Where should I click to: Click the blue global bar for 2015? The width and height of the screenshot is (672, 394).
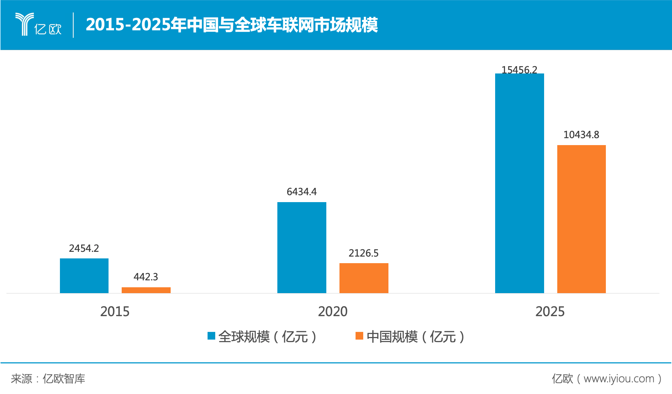[84, 276]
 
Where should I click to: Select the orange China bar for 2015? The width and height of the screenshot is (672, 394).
[146, 290]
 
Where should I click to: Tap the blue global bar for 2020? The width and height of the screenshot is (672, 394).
[301, 247]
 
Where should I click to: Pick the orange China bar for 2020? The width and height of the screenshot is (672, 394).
[364, 278]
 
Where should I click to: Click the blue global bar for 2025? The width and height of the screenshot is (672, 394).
[519, 183]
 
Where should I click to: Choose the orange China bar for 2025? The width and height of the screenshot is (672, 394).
[581, 219]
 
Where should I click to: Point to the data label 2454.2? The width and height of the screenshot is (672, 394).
[84, 249]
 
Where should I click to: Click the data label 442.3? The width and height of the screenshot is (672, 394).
[146, 277]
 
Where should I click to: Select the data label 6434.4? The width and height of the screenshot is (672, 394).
[301, 192]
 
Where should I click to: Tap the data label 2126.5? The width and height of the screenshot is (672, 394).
[364, 253]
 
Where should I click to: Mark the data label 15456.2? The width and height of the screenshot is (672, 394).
[519, 69]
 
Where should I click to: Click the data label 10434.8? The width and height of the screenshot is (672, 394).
[581, 135]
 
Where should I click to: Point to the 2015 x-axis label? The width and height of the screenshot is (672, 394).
[115, 312]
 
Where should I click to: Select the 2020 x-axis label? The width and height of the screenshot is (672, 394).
[333, 312]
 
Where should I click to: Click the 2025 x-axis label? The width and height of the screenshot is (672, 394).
[550, 312]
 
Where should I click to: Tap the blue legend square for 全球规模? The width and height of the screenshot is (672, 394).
[211, 336]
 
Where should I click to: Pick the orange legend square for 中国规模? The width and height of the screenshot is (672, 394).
[359, 336]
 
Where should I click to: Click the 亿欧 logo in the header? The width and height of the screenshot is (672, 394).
[38, 25]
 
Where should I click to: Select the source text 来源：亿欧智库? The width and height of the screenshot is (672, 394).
[48, 379]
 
